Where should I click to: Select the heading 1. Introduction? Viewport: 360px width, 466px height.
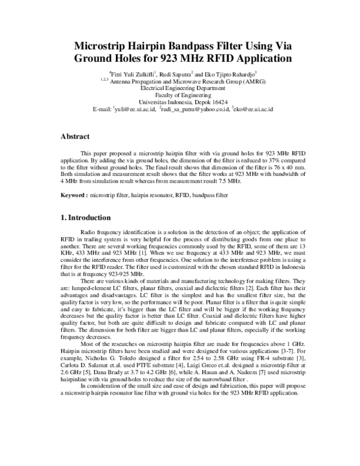[86, 217]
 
